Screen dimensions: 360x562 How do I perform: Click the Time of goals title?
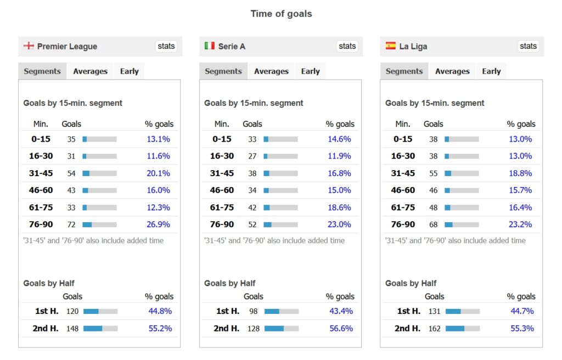pos(281,14)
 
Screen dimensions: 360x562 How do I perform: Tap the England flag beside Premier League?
pos(29,46)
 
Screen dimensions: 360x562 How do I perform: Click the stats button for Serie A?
pos(347,46)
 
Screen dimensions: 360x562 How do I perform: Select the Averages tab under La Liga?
pos(452,71)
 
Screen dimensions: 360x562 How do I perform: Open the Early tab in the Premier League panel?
pos(130,71)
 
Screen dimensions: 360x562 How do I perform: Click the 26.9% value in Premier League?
pos(159,224)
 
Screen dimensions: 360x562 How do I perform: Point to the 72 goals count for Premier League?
pos(71,224)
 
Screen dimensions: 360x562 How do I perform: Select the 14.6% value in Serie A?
pos(339,139)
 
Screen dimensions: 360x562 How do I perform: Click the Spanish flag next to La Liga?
pos(391,46)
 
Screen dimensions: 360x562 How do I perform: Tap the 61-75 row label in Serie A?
pos(222,207)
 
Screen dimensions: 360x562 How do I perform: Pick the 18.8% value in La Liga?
pos(520,173)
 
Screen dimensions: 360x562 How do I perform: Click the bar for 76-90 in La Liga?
pos(462,224)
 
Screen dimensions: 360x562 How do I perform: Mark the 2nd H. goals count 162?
pos(434,328)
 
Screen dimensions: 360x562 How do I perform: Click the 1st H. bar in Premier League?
pos(100,311)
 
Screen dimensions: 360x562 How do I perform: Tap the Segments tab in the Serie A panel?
pos(223,71)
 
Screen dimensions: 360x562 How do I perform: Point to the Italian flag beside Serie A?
pos(210,46)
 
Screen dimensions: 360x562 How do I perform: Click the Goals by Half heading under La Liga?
pos(411,283)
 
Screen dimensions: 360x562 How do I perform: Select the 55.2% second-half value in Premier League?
pos(160,328)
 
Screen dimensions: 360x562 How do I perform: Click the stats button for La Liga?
pos(528,46)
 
